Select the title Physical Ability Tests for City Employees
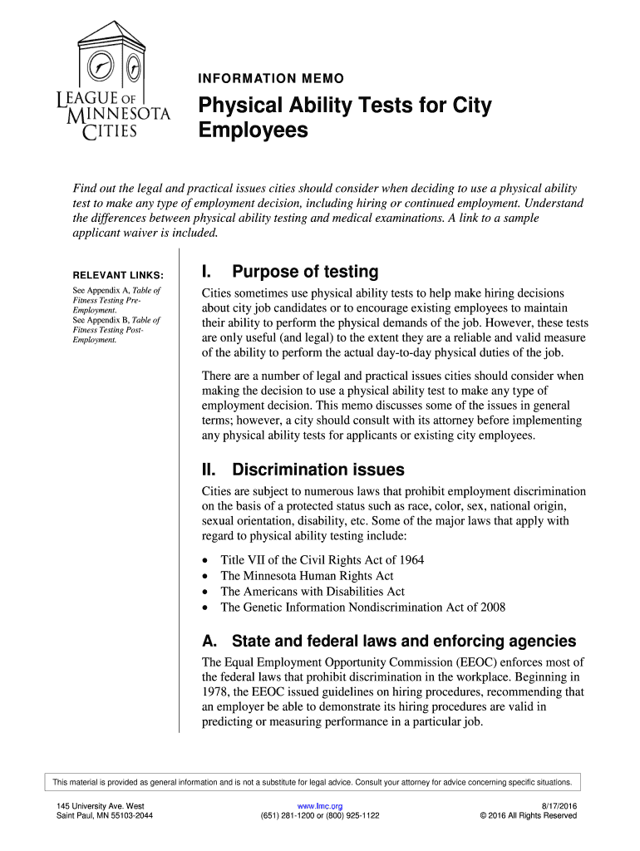click(344, 118)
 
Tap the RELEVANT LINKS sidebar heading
click(118, 275)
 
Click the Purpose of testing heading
click(290, 272)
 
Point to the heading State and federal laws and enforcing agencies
click(389, 641)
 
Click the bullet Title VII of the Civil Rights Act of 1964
click(322, 560)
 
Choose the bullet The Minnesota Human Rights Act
click(307, 576)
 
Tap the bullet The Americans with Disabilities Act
click(312, 592)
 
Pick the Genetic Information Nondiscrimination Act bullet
click(362, 608)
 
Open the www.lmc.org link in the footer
click(320, 806)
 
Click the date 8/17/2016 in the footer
click(559, 806)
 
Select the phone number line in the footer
click(320, 816)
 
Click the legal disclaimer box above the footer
click(313, 782)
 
